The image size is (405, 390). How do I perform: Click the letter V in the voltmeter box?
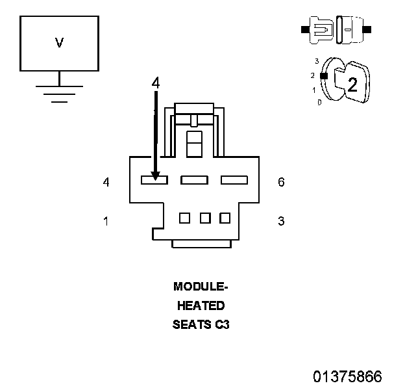point(59,43)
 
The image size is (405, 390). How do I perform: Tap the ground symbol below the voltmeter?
point(59,93)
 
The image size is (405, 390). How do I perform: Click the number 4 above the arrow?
point(155,83)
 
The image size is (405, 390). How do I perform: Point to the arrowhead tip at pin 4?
point(155,177)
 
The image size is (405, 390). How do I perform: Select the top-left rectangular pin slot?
point(154,180)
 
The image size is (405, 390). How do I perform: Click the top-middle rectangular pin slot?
point(194,180)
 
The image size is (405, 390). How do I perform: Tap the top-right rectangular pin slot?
point(234,180)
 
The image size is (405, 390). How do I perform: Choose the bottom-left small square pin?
point(184,218)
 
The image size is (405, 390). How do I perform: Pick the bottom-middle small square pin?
point(205,218)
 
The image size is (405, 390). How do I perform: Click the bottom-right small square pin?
point(225,218)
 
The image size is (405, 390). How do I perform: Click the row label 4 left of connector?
point(106,182)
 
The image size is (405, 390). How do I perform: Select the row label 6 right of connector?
point(281,182)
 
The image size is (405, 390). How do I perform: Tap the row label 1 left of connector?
point(106,221)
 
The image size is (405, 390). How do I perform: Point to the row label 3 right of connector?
point(281,221)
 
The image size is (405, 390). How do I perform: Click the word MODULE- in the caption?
point(201,286)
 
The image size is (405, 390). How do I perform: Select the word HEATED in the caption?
point(201,305)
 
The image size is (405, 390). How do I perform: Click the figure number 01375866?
point(347,376)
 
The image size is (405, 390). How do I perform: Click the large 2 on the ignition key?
point(352,84)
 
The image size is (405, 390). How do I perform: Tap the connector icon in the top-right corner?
point(336,30)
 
